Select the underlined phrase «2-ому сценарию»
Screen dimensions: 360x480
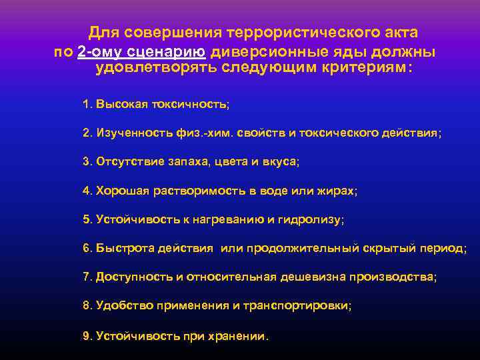(141, 51)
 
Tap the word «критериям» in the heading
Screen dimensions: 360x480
(359, 68)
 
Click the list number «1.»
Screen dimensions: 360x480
(87, 105)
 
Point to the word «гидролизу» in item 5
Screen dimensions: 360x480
(319, 219)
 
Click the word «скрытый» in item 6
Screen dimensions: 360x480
(391, 248)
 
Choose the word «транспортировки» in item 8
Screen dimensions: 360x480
(299, 305)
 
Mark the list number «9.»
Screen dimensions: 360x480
(87, 335)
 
